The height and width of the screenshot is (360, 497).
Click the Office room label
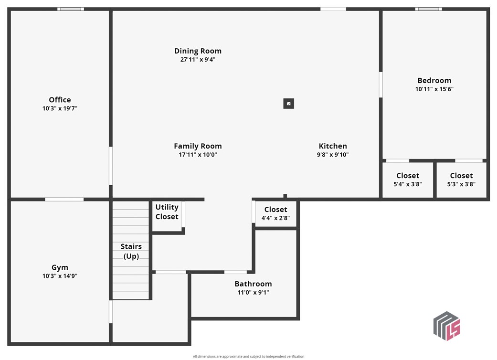[60, 100]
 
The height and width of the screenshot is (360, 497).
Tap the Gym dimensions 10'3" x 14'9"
[60, 276]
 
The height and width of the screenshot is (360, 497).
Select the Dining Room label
[198, 51]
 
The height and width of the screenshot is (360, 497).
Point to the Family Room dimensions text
[198, 155]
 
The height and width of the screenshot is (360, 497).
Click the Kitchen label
[333, 146]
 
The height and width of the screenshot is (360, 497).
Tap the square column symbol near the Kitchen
[289, 104]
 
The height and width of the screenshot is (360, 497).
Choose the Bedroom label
[434, 81]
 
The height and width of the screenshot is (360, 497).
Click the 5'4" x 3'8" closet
[408, 180]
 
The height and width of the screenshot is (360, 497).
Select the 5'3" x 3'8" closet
[461, 180]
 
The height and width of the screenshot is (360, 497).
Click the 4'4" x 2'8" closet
[276, 213]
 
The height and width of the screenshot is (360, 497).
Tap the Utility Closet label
[167, 212]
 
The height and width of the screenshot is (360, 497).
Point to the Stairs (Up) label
[131, 251]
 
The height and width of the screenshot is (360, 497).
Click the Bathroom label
[253, 284]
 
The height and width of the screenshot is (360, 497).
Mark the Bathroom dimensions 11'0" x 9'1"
[253, 293]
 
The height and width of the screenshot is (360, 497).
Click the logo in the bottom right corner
[447, 326]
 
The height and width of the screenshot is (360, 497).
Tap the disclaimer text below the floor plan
[248, 357]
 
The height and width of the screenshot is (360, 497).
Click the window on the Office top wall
[71, 9]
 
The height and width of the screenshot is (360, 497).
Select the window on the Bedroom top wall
[429, 9]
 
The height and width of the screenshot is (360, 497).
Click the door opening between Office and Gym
[64, 199]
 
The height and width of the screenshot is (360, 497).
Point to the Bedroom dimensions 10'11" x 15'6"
[434, 89]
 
